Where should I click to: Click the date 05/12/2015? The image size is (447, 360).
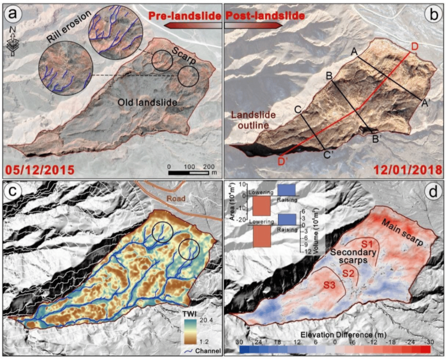41,169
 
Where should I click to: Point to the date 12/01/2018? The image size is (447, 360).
405,169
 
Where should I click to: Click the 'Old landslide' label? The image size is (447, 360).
147,102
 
